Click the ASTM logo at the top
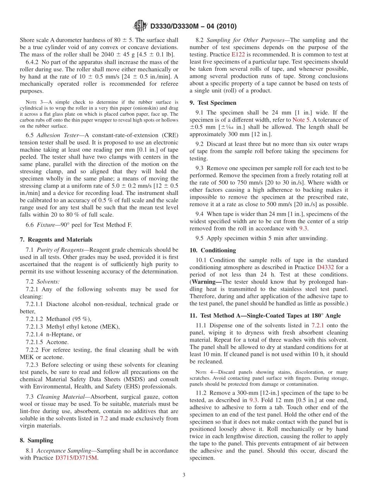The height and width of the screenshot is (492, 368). [140, 26]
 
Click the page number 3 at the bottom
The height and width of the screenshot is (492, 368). [184, 475]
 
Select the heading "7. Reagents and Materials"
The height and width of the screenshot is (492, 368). [56, 240]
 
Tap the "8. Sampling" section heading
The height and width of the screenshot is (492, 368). [36, 440]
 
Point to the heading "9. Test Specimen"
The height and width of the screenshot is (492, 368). [213, 103]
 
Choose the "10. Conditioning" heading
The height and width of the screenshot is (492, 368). [213, 250]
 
